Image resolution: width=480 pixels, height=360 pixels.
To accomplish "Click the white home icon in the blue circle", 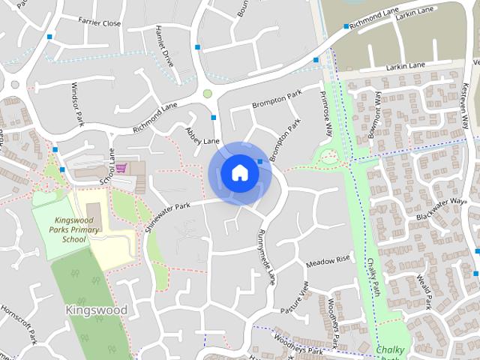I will pyautogui.click(x=239, y=172).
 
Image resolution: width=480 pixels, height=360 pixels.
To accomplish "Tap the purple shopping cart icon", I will pyautogui.click(x=121, y=166).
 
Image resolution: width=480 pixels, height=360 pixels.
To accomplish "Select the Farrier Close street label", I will pyautogui.click(x=100, y=23).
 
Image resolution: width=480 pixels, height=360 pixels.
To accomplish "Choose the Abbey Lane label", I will pyautogui.click(x=202, y=136).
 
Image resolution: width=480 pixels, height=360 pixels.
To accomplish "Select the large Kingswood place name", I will pyautogui.click(x=97, y=310).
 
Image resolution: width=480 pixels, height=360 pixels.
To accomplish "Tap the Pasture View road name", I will pyautogui.click(x=295, y=298).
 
